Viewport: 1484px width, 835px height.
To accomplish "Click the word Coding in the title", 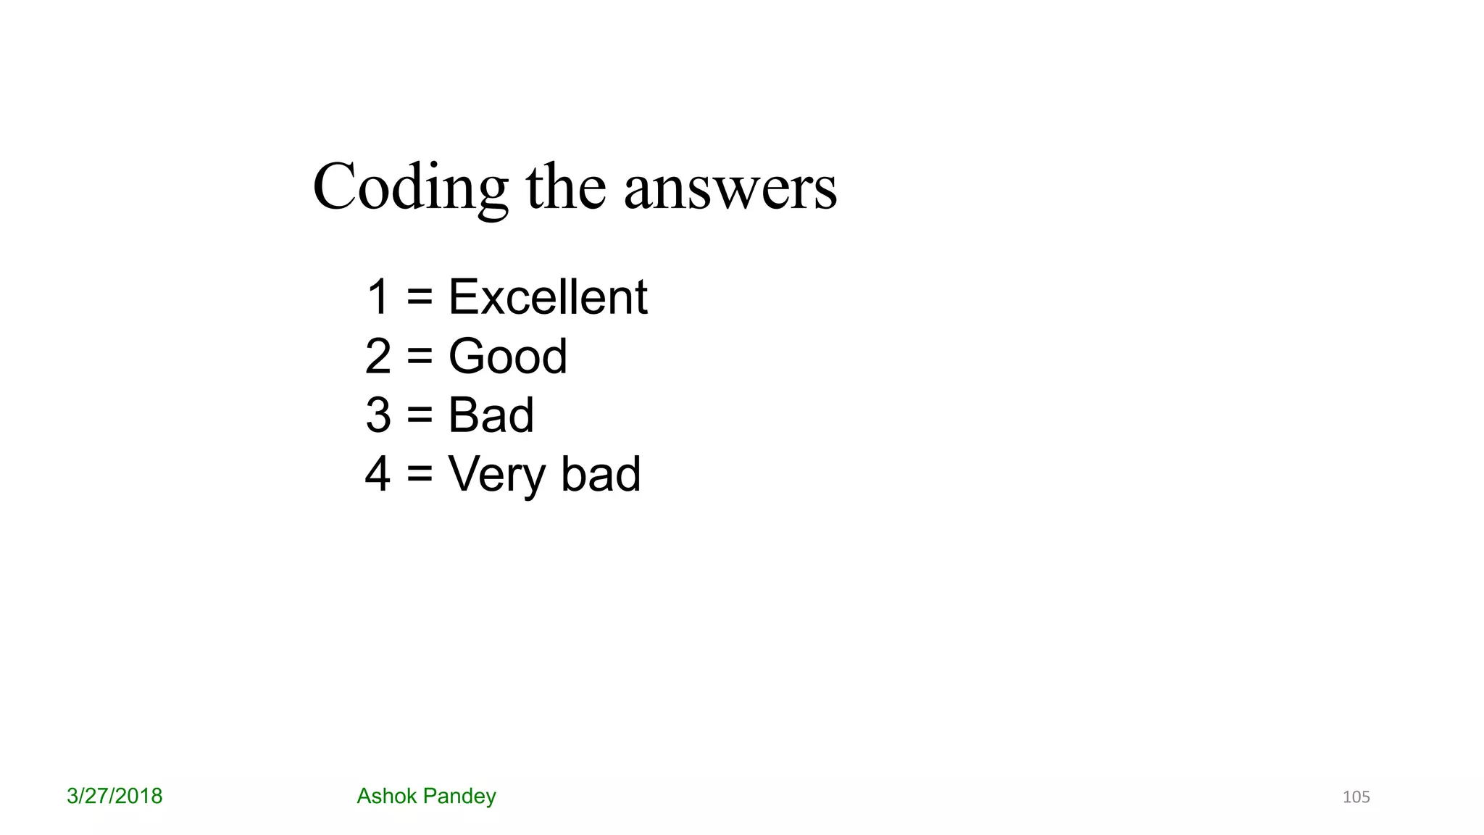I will [x=410, y=188].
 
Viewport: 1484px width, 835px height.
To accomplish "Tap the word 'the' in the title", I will [x=565, y=188].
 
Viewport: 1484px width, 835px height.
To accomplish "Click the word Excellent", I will [x=548, y=297].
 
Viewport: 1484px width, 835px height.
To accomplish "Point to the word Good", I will [x=507, y=357].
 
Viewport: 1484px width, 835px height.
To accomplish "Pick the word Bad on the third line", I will [x=491, y=415].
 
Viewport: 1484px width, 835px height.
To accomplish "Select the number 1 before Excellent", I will [x=378, y=297].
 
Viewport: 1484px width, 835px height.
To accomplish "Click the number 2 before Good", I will [x=378, y=357].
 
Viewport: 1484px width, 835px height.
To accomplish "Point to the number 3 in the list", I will [x=378, y=415].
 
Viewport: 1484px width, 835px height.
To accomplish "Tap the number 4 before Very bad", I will [x=378, y=475].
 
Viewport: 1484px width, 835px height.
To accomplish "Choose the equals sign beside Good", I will [x=420, y=357].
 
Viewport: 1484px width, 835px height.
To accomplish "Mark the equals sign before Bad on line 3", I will [x=420, y=416].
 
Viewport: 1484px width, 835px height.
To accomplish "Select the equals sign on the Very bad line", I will [x=420, y=475].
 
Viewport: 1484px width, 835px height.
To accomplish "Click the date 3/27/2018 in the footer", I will [x=114, y=797].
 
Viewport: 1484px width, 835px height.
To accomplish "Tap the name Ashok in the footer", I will [x=386, y=797].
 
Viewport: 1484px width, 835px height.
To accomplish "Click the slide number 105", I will [x=1356, y=797].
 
